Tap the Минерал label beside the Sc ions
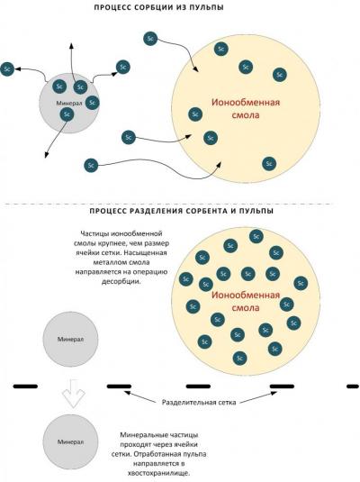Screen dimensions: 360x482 coord(69,104)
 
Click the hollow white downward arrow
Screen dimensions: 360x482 coord(73,394)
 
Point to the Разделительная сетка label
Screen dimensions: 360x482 coord(199,403)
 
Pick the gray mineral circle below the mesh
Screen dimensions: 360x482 coord(70,441)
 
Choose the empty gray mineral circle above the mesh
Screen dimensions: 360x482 coord(70,339)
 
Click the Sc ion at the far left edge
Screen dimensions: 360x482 coord(7,69)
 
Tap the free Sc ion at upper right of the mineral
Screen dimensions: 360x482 coord(123,67)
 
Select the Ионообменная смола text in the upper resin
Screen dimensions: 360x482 coord(246,108)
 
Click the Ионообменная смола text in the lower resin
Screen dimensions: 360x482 coord(246,301)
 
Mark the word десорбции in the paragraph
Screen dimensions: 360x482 coord(121,282)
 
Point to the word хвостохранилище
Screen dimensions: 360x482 coord(158,473)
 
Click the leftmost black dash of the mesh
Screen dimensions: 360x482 coord(25,387)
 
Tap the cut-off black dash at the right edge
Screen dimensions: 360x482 coord(353,387)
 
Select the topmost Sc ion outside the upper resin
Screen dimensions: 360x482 coord(150,39)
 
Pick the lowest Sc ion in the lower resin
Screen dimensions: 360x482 coord(240,358)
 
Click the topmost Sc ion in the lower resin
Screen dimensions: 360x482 coord(256,236)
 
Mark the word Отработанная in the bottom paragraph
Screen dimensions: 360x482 coord(150,454)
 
